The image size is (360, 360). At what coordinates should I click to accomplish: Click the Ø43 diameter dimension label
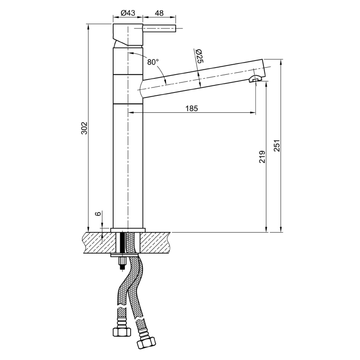(128, 13)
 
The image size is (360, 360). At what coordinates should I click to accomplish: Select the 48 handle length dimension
(159, 13)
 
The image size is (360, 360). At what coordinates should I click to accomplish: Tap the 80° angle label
(153, 62)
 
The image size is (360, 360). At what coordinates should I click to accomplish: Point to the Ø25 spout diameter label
(199, 56)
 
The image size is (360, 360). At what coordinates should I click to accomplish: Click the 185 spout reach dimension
(191, 108)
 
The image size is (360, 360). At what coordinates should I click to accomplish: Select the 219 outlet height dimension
(262, 156)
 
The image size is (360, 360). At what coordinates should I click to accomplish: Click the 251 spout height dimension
(277, 145)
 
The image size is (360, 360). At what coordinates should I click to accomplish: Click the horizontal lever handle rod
(160, 28)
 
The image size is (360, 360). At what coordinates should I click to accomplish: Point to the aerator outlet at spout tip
(255, 79)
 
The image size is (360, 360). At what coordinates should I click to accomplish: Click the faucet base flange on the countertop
(128, 230)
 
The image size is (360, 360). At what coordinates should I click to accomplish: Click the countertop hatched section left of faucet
(98, 243)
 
